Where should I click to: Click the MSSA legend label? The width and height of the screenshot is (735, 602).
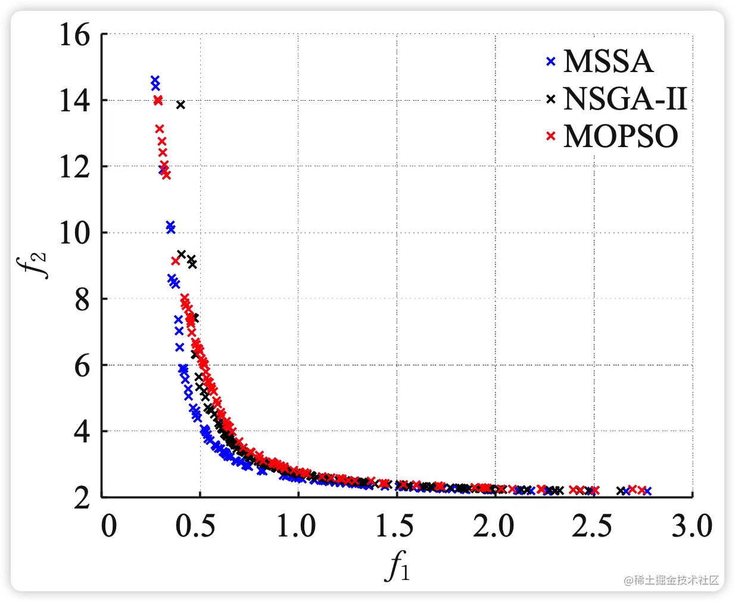(608, 61)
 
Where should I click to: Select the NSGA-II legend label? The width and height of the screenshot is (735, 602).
(625, 99)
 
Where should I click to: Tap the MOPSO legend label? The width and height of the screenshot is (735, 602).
(620, 136)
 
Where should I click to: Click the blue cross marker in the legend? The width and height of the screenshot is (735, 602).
(551, 61)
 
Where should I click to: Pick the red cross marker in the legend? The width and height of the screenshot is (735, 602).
(551, 136)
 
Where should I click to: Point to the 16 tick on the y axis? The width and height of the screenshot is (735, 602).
(74, 35)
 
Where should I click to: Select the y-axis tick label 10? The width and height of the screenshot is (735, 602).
(74, 233)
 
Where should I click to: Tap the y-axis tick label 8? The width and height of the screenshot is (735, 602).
(82, 300)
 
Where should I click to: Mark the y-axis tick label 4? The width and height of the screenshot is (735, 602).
(82, 431)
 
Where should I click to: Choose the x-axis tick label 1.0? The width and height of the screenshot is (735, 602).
(296, 526)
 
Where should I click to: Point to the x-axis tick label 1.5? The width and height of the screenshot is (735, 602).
(394, 526)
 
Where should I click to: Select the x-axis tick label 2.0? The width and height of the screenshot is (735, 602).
(494, 526)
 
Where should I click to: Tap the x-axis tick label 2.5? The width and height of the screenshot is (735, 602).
(592, 526)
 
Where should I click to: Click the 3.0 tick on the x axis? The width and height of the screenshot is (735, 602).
(692, 526)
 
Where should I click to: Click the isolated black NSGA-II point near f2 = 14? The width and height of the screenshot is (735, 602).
(181, 105)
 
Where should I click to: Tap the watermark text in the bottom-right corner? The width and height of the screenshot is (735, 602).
(671, 580)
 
